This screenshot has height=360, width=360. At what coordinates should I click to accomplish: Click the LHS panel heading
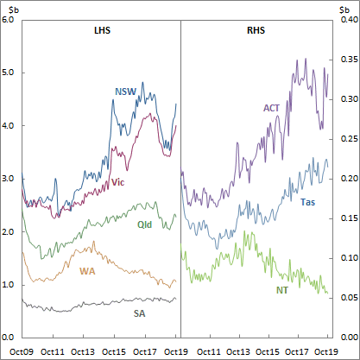(103, 31)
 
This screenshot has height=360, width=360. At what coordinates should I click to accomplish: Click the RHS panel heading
(255, 31)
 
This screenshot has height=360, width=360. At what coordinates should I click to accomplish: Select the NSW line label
(125, 92)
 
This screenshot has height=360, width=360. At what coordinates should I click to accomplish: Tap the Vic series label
(118, 183)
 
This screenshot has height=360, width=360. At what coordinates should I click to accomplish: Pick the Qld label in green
(146, 224)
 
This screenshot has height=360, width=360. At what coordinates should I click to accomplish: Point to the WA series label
(88, 272)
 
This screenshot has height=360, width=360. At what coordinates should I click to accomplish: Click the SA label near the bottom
(139, 313)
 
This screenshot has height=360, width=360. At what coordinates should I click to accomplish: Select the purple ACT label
(270, 108)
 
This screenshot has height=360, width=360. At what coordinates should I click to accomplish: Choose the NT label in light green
(281, 290)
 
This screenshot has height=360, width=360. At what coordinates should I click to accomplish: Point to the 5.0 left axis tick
(9, 73)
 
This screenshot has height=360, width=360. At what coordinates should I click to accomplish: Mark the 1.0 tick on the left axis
(9, 284)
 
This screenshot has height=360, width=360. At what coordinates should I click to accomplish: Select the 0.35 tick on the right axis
(347, 59)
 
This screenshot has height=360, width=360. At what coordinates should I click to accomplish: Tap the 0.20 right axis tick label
(347, 179)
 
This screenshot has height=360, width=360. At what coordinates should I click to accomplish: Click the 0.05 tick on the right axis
(347, 298)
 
